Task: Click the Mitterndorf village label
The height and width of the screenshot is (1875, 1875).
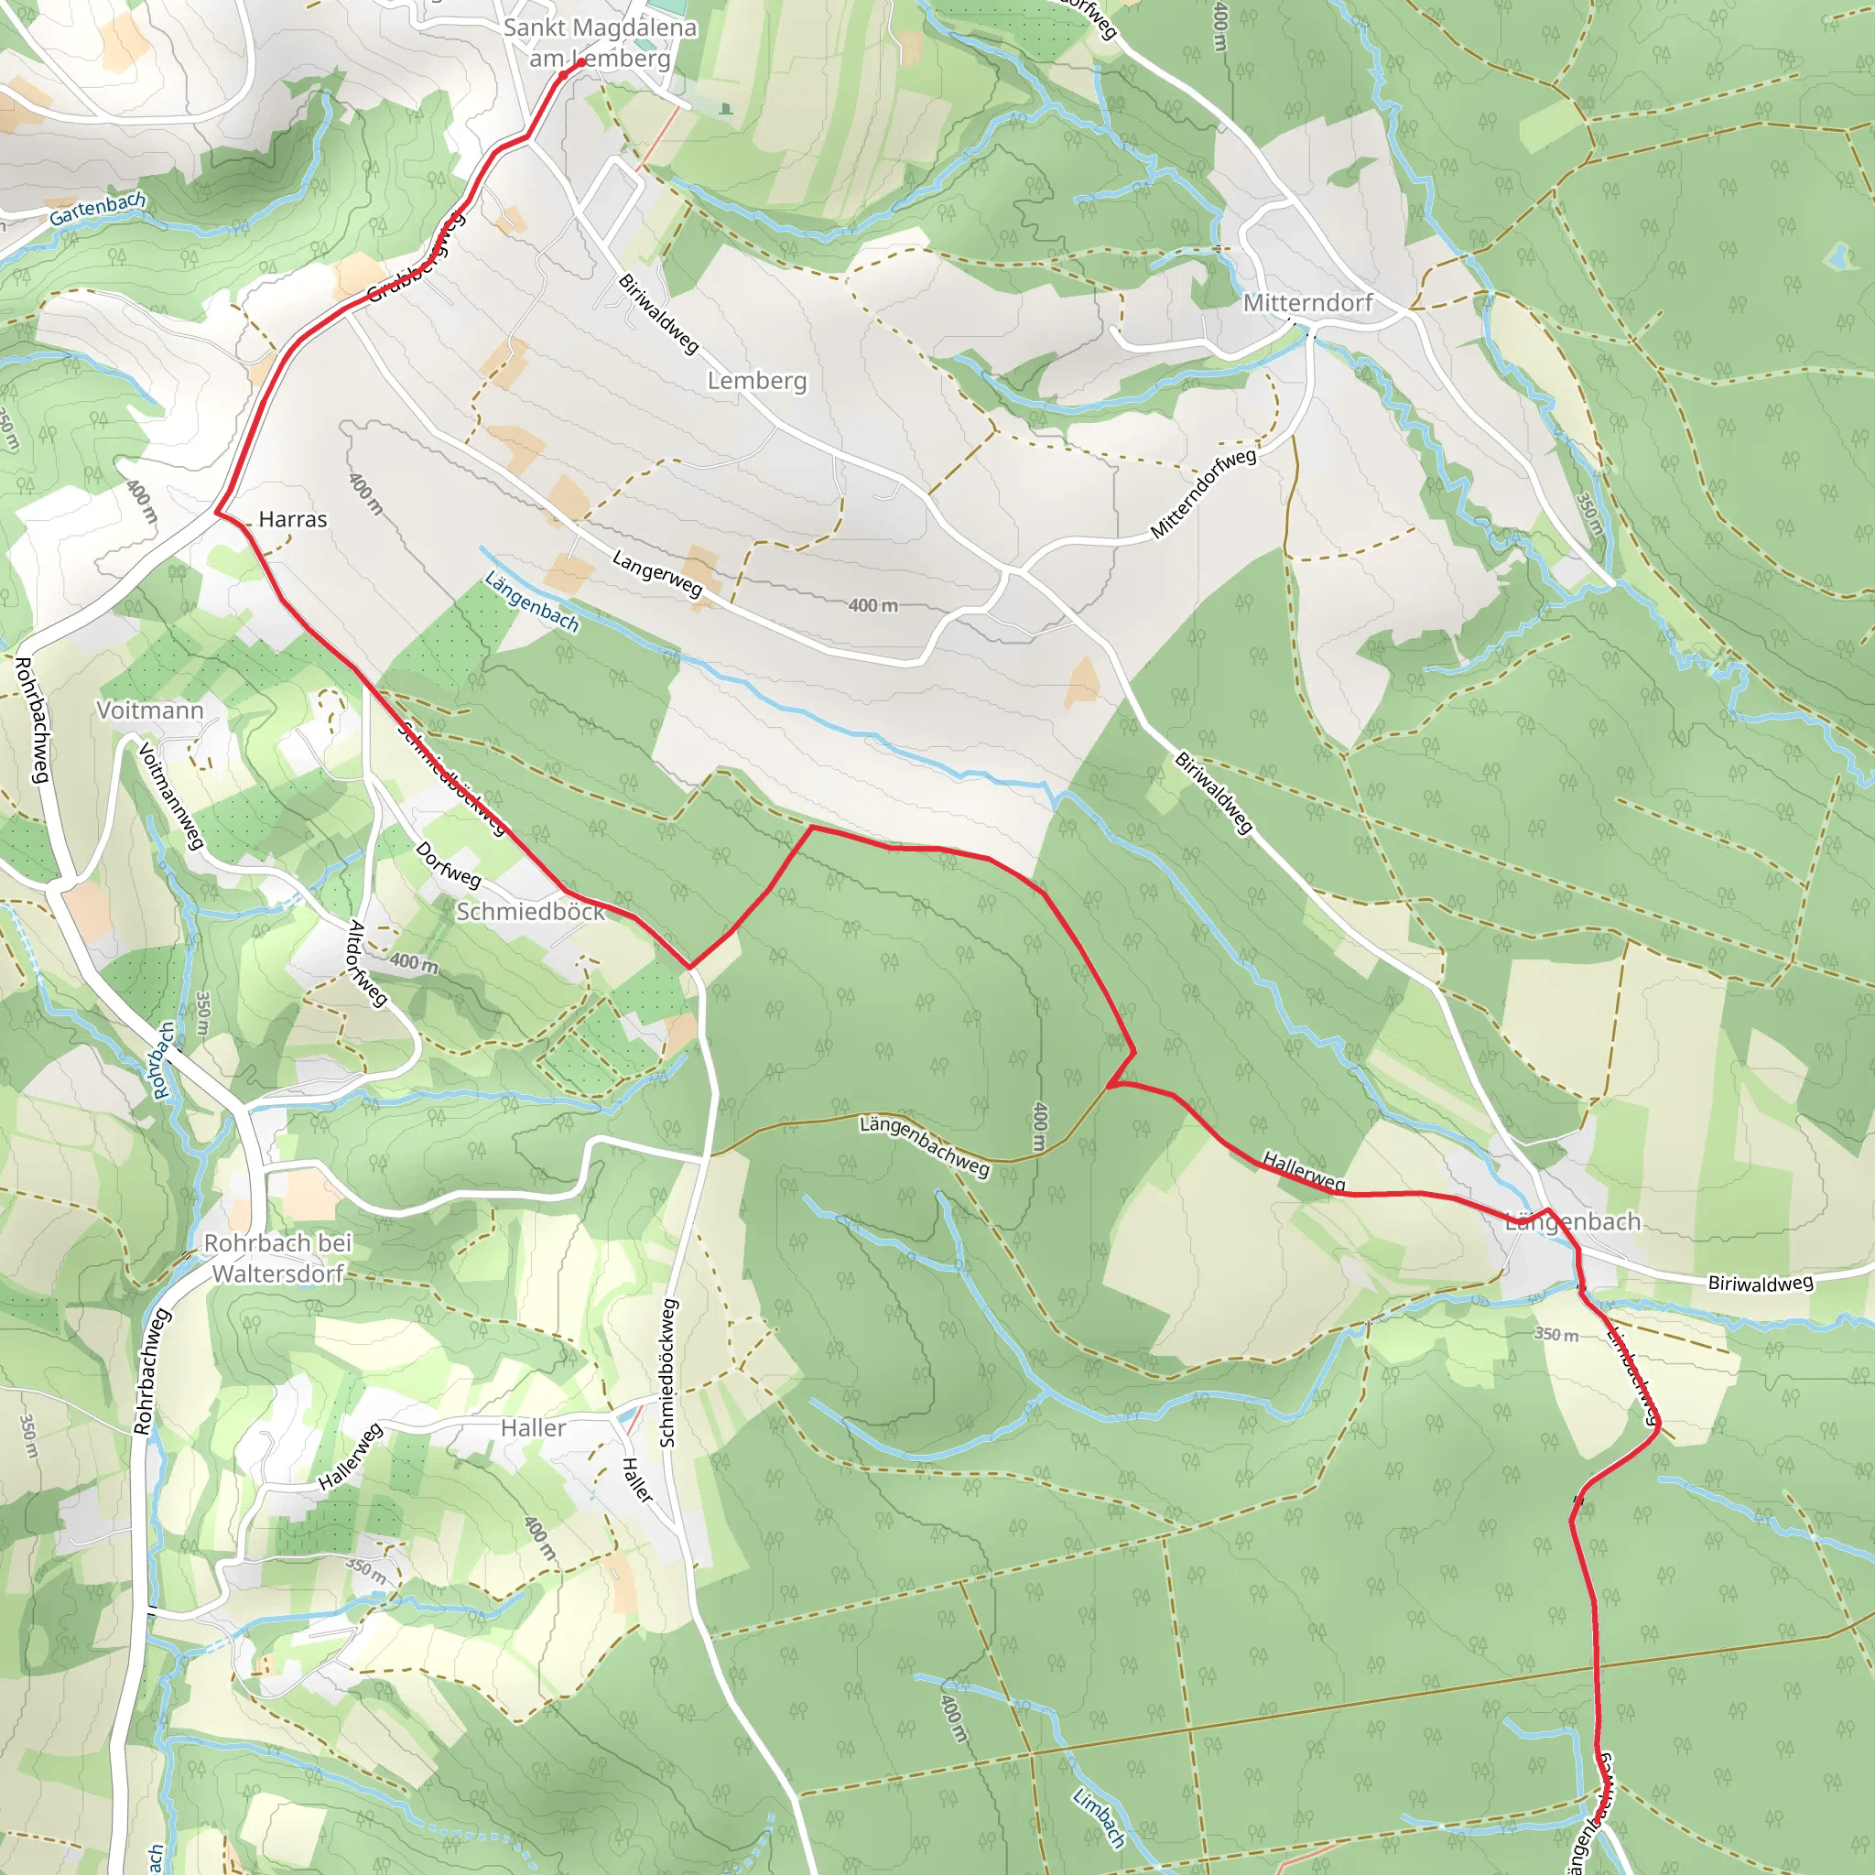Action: [1307, 303]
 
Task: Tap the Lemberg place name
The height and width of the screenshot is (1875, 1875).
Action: [756, 381]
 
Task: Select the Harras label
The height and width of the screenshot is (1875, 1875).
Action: [292, 519]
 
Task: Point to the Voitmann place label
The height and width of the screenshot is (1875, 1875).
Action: [149, 710]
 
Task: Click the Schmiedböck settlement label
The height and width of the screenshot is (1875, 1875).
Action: [530, 911]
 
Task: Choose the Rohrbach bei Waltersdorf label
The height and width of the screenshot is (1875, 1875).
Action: [277, 1258]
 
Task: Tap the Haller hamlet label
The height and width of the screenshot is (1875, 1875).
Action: [533, 1427]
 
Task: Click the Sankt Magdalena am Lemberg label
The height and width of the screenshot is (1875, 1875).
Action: [600, 43]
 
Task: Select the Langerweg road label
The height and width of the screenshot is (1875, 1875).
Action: [657, 572]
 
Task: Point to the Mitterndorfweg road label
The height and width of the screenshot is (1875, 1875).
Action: [1202, 493]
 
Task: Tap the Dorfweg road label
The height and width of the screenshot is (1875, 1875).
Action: [448, 863]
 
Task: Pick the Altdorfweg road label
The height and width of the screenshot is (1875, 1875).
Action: [367, 964]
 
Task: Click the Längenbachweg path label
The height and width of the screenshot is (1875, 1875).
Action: [924, 1146]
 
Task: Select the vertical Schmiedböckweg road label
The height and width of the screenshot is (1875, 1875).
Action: [667, 1373]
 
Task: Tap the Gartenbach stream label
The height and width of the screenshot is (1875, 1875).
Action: [98, 208]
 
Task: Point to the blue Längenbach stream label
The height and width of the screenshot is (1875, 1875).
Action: [531, 602]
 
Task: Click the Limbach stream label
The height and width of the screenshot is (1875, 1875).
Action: [1099, 1816]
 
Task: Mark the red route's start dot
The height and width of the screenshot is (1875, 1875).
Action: [581, 63]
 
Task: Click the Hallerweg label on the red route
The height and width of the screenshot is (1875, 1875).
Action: [1304, 1170]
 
